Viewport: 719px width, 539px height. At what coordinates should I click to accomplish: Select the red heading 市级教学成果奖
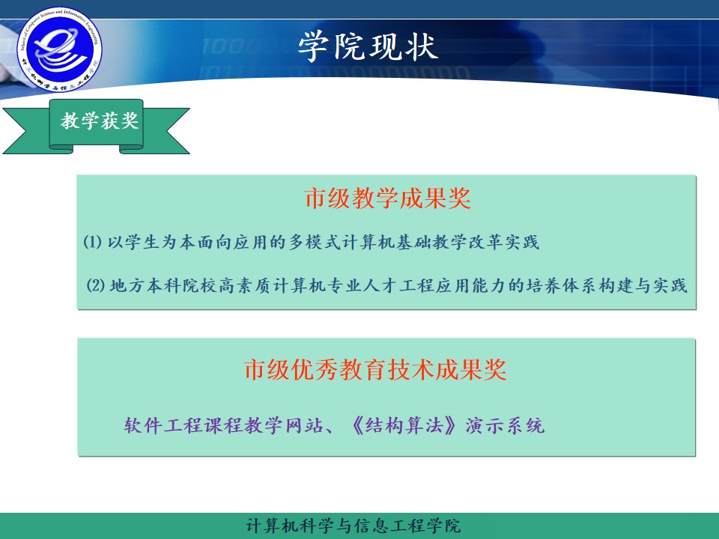[387, 199]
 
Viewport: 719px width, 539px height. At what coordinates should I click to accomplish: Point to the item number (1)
[92, 243]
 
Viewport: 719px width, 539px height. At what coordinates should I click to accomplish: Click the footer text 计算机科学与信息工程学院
[354, 526]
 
